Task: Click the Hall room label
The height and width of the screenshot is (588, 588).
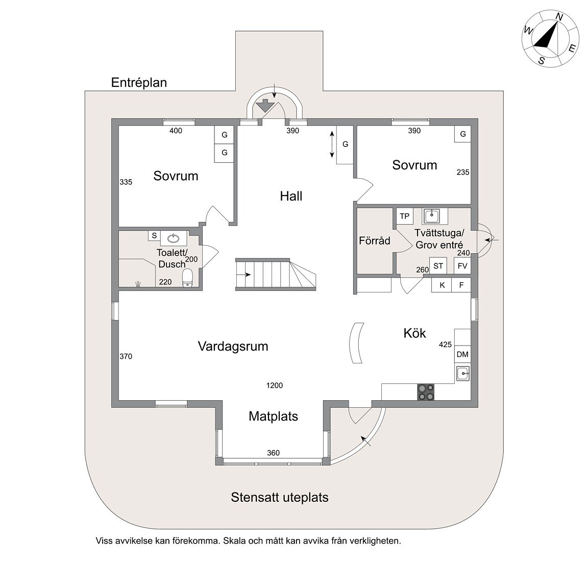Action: point(291,196)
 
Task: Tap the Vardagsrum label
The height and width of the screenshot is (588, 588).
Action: point(233,346)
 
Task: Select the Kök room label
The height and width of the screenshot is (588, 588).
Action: point(415,333)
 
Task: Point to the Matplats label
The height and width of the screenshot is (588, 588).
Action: point(274,416)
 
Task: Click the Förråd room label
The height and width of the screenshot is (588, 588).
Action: point(375,240)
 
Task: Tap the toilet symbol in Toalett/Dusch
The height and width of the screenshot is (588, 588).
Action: point(187,278)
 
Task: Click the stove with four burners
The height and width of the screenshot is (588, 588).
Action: point(426,392)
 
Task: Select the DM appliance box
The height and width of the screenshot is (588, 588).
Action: point(462,354)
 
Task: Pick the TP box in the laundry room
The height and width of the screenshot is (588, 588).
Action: point(405,216)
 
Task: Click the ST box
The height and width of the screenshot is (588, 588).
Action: point(438,266)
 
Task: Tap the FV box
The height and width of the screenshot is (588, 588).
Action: point(462,266)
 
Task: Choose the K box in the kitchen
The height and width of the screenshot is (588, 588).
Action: point(442,285)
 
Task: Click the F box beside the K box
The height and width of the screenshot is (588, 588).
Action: point(461,285)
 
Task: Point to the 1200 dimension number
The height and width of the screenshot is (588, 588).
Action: point(275,385)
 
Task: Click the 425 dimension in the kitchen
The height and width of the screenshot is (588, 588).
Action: point(445,345)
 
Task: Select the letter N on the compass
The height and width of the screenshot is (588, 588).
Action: point(559,17)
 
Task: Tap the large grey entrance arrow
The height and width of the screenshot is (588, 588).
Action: point(265,105)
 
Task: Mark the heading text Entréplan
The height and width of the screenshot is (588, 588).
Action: point(139,83)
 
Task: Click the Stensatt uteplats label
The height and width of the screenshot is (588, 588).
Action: point(280,497)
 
